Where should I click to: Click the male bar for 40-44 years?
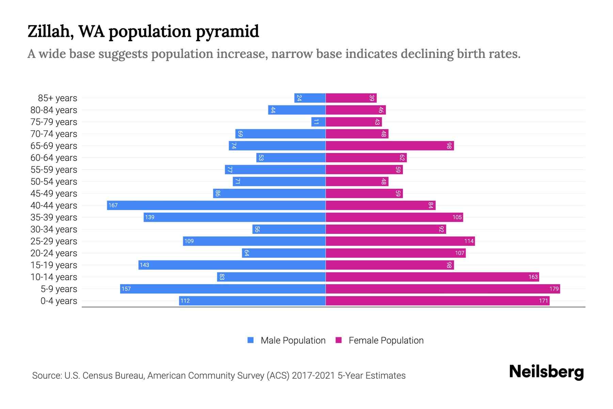(x=216, y=205)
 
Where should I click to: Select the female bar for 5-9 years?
(x=443, y=289)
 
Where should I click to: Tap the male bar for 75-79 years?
(x=318, y=122)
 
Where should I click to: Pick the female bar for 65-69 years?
(x=390, y=146)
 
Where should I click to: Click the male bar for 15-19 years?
(x=232, y=265)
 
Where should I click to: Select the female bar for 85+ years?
(x=351, y=98)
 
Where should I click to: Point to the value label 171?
(x=543, y=301)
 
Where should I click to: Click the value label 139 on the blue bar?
(x=150, y=217)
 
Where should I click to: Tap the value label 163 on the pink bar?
(x=533, y=277)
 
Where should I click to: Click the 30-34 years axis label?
(x=54, y=229)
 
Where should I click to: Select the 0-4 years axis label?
(x=59, y=301)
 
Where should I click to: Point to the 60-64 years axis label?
(x=54, y=158)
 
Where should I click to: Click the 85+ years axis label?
(x=57, y=98)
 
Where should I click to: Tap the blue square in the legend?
(x=251, y=340)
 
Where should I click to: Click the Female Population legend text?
(x=386, y=340)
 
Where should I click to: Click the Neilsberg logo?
(x=546, y=372)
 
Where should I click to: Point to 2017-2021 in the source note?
(x=313, y=375)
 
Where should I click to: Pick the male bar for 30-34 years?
(x=289, y=229)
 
